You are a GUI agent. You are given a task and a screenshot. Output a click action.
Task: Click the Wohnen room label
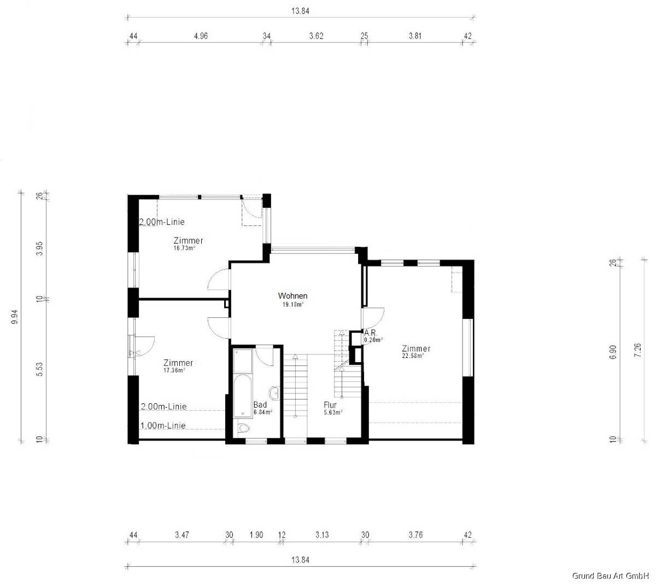coord(292,295)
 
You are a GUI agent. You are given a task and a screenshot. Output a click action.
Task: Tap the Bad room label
coord(260,404)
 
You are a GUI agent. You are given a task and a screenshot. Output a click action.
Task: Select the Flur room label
coord(330,405)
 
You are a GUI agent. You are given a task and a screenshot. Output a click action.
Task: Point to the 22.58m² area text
coord(413,356)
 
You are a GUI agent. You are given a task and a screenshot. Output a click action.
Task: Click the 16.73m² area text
coord(184,248)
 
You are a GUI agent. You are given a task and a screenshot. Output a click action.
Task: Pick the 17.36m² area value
coord(174,370)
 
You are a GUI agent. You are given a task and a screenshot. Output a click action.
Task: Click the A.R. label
coord(370,333)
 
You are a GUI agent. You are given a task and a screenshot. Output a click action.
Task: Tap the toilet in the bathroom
coord(244,428)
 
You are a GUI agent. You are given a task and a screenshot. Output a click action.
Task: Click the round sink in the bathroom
coord(274,393)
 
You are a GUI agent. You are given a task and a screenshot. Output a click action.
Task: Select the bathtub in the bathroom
coord(243,396)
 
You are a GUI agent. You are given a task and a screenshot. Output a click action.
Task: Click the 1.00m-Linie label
coord(163,426)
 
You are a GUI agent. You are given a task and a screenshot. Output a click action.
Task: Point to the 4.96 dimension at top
coord(201,36)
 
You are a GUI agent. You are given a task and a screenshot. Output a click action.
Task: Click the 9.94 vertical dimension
coord(15,317)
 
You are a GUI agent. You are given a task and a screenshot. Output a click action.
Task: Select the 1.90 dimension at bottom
coord(256,535)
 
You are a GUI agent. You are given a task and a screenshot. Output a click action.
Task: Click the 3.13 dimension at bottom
coord(322,535)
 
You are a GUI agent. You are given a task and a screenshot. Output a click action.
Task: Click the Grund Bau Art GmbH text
coord(611,576)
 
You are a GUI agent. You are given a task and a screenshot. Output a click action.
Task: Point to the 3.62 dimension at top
coord(316,36)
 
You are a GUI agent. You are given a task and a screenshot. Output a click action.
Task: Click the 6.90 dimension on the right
coord(613,352)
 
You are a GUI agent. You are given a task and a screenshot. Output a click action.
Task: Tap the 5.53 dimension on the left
coord(39,369)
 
